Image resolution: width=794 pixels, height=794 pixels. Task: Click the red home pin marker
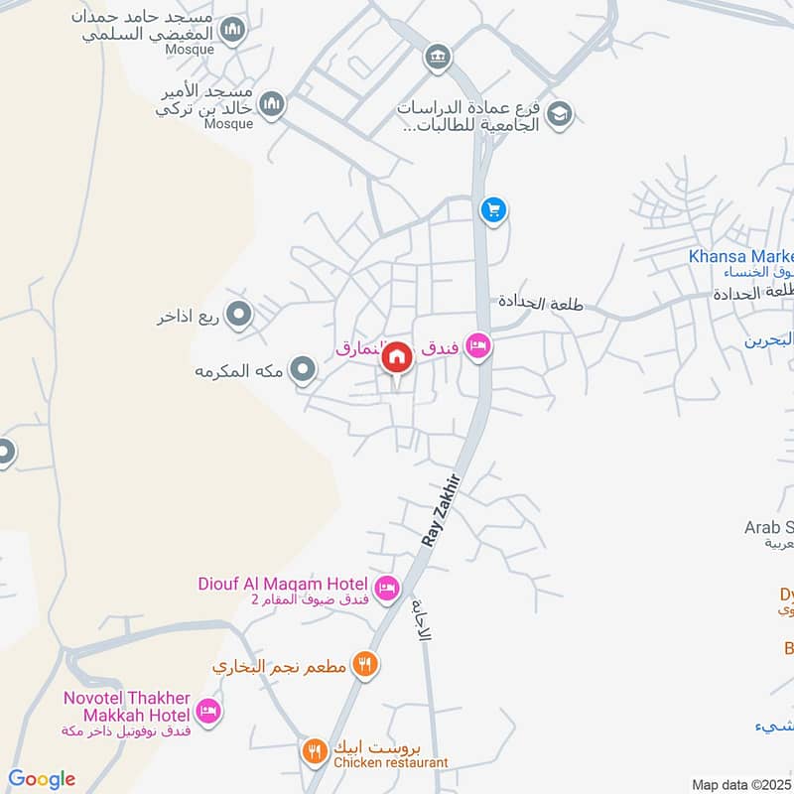click(x=398, y=356)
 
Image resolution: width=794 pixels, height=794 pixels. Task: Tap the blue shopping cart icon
click(x=493, y=210)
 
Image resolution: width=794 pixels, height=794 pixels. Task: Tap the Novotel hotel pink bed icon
click(x=207, y=711)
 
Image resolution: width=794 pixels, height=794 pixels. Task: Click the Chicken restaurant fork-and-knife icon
click(x=315, y=751)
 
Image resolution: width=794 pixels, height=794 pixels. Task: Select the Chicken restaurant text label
click(x=391, y=762)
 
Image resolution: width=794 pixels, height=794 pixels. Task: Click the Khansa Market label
click(x=740, y=257)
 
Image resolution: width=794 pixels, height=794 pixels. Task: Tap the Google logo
click(x=42, y=779)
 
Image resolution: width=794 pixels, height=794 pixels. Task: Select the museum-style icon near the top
click(x=437, y=58)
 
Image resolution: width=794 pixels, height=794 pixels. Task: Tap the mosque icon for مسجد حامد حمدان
click(x=233, y=32)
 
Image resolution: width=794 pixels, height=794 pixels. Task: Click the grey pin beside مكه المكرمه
click(x=306, y=371)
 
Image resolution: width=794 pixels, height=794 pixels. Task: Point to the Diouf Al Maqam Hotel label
click(x=283, y=586)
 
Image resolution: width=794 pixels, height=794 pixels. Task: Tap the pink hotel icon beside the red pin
click(x=478, y=346)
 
